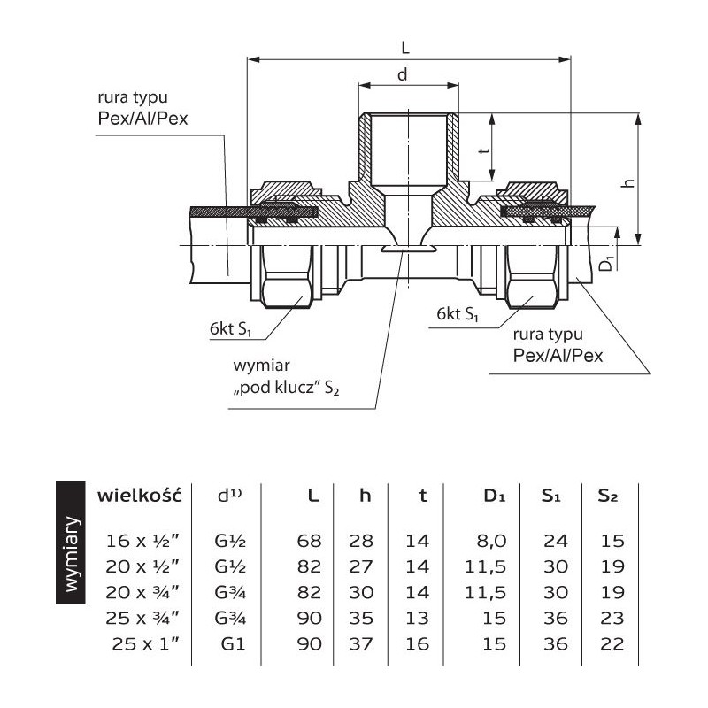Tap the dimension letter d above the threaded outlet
pyautogui.click(x=402, y=75)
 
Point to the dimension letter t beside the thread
pyautogui.click(x=483, y=150)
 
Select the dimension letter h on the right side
pyautogui.click(x=628, y=183)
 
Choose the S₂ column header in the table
pyautogui.click(x=607, y=496)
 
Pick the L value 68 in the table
pyautogui.click(x=309, y=540)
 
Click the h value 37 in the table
pyautogui.click(x=362, y=644)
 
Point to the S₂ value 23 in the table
pyautogui.click(x=612, y=619)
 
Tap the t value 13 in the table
pyautogui.click(x=416, y=619)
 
